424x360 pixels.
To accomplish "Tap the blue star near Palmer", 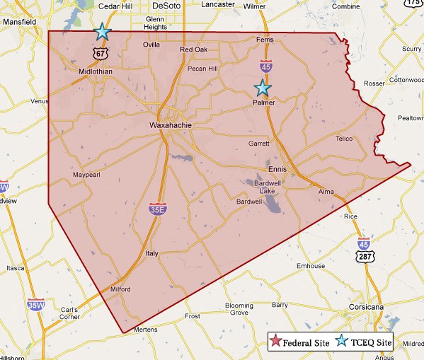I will [263, 88].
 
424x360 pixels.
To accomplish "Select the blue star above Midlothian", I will [103, 31].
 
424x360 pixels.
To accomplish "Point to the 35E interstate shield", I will [156, 209].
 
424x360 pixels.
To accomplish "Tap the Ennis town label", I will [279, 169].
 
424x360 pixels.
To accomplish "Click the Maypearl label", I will [88, 175].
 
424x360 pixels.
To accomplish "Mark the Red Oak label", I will [194, 50].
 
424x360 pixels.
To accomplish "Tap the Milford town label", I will [122, 289].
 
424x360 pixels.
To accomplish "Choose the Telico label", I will [344, 139].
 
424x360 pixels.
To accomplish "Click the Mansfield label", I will [19, 22].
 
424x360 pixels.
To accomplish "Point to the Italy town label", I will [151, 252].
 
